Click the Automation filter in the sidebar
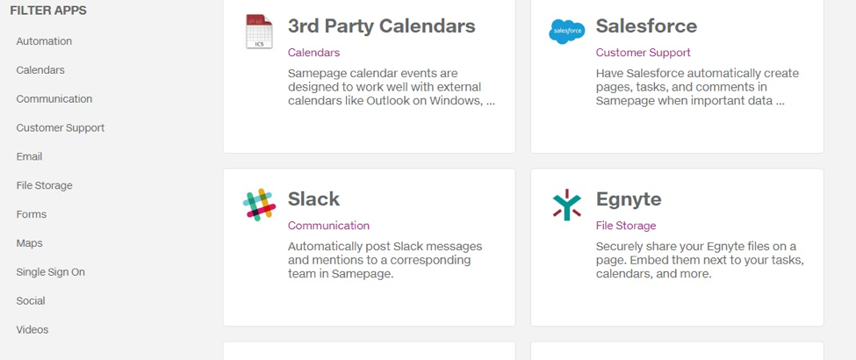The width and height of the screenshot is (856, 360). click(44, 41)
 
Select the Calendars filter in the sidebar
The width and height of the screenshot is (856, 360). click(40, 70)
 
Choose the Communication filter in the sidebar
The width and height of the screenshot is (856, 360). click(54, 99)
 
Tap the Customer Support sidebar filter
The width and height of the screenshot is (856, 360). click(60, 128)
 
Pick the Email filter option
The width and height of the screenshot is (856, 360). click(30, 157)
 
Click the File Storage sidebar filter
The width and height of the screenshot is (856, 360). click(44, 186)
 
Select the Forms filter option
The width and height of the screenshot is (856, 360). click(32, 214)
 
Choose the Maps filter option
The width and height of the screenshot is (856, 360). click(30, 243)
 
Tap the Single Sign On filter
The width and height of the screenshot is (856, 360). click(51, 272)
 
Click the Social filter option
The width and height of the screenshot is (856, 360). click(31, 301)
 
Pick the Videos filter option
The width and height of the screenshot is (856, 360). click(32, 330)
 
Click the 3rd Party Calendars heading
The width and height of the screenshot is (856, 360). click(382, 26)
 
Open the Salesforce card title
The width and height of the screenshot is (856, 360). click(646, 25)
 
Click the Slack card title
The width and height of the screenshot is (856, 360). click(314, 198)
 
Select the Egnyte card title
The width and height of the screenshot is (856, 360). click(629, 199)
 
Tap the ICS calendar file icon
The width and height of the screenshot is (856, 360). click(259, 31)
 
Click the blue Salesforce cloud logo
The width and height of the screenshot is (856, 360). click(566, 32)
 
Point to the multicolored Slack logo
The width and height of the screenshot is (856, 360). click(259, 205)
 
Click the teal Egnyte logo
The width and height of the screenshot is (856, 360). click(566, 205)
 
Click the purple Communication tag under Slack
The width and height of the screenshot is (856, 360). click(328, 226)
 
